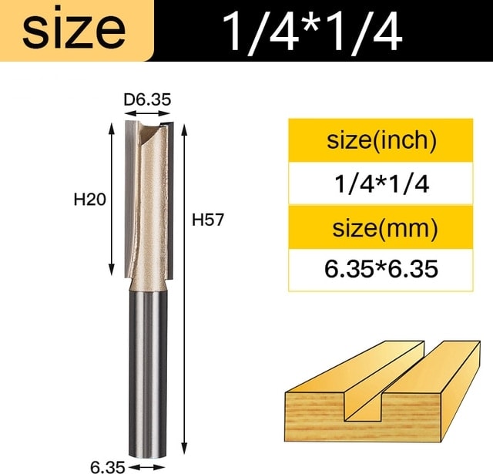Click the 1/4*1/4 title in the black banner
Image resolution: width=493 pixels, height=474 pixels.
pyautogui.click(x=313, y=32)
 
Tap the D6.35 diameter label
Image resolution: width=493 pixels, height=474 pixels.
pyautogui.click(x=147, y=99)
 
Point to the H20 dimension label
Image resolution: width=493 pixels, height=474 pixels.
pyautogui.click(x=89, y=200)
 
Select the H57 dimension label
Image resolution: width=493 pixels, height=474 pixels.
pyautogui.click(x=208, y=220)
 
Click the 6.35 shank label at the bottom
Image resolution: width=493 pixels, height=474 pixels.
pyautogui.click(x=108, y=467)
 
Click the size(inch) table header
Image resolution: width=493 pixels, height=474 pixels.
pyautogui.click(x=381, y=140)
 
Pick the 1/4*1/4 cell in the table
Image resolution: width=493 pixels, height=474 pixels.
pyautogui.click(x=381, y=183)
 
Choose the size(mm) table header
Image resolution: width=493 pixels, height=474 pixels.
pyautogui.click(x=385, y=227)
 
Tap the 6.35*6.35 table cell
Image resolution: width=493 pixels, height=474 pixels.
pyautogui.click(x=381, y=269)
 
